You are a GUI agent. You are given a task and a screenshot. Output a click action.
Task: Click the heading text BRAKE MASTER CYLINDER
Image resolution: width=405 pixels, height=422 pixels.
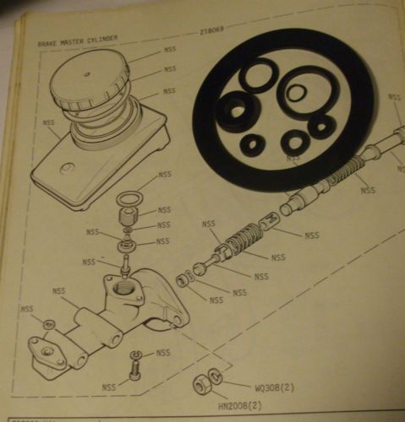[77, 40]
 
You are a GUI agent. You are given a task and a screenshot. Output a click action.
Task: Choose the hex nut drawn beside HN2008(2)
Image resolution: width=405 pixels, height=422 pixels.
[204, 385]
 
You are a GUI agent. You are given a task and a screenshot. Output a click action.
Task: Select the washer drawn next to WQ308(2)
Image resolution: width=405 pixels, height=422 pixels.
[218, 376]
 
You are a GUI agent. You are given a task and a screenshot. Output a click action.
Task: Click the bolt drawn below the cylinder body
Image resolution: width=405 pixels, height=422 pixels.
[134, 368]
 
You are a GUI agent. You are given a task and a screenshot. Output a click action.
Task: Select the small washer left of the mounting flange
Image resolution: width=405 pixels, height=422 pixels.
[48, 324]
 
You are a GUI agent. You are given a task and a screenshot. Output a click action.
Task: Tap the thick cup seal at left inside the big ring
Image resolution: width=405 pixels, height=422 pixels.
[239, 108]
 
